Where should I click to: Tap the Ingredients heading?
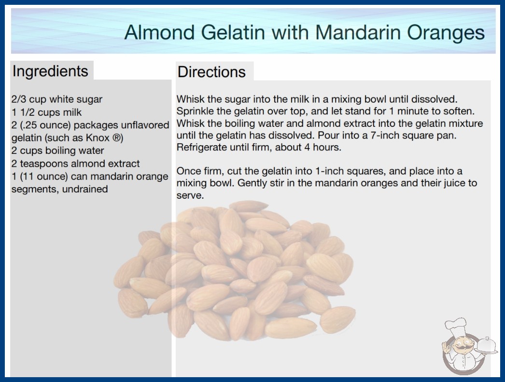[50, 71]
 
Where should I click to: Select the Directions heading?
[211, 72]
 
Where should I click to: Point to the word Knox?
[98, 138]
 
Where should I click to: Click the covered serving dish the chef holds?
[487, 346]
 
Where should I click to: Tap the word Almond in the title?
[159, 32]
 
